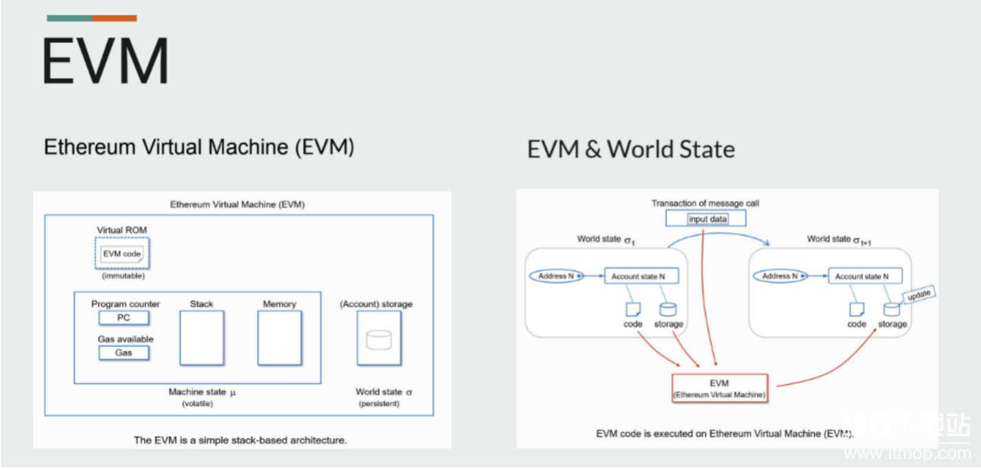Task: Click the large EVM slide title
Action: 105,61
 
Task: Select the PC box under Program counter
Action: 123,318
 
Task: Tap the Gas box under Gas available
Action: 123,353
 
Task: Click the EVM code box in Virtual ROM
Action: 122,254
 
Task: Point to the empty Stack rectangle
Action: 202,338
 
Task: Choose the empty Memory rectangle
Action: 279,338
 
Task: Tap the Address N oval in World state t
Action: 556,276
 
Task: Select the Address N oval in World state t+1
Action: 781,276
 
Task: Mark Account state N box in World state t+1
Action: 865,276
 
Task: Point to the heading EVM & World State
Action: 630,149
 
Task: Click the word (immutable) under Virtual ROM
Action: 123,276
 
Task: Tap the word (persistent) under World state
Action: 379,403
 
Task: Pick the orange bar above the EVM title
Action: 114,18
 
